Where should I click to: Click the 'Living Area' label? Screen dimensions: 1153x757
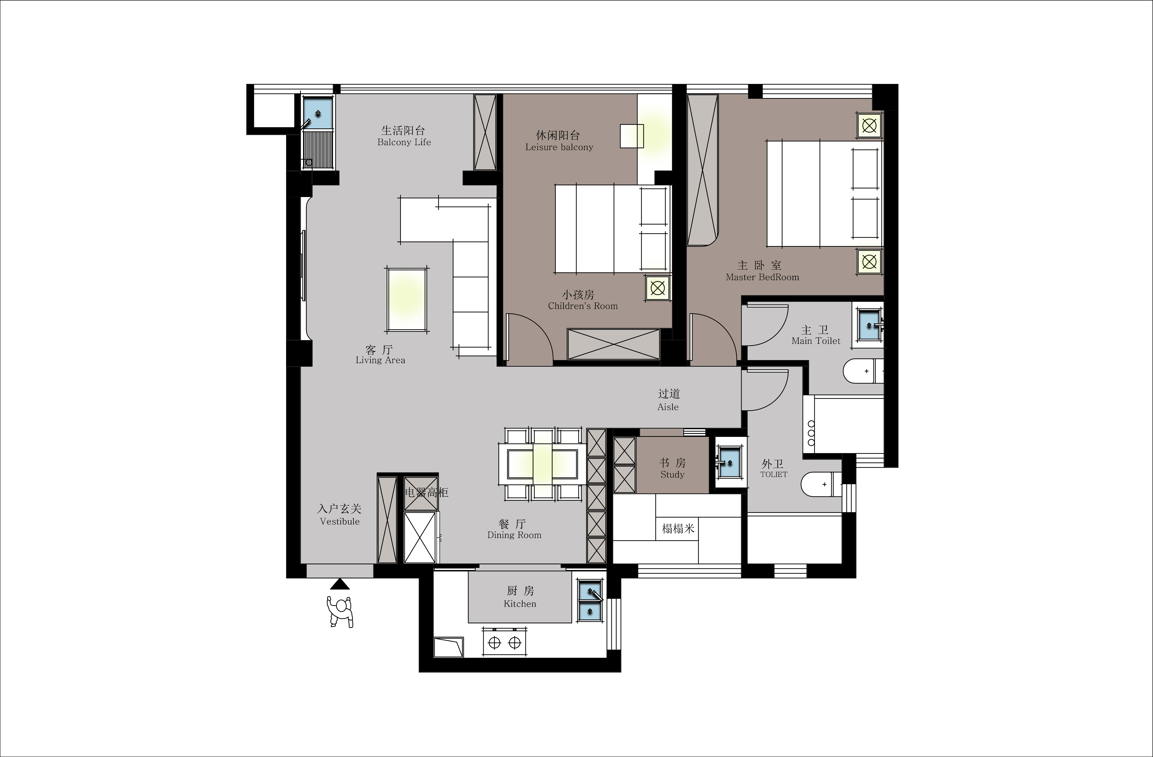380,360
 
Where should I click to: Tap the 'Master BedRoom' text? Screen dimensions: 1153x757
762,277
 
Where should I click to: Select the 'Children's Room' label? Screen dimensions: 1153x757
583,306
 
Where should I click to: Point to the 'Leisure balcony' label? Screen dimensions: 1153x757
559,147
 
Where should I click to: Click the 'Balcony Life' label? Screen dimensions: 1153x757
404,142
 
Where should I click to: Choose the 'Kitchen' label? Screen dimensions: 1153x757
520,604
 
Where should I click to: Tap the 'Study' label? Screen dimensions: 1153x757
672,474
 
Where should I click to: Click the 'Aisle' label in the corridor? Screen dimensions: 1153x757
668,407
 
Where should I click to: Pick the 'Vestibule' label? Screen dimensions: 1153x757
340,521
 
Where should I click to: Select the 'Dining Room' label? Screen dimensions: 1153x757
514,535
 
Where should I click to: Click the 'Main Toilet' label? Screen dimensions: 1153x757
816,341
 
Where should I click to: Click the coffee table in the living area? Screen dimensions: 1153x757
407,300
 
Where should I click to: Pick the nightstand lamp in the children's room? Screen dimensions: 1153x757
657,288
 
